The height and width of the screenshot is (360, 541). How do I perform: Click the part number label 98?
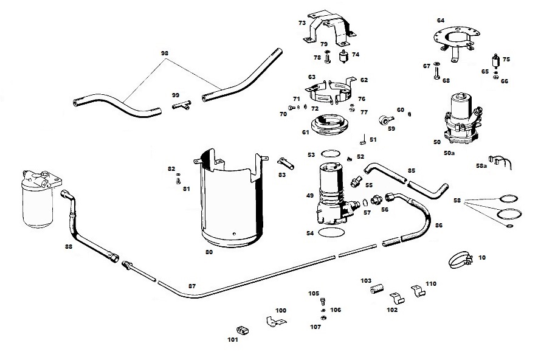click(x=165, y=53)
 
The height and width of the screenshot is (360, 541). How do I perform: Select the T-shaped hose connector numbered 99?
click(x=182, y=105)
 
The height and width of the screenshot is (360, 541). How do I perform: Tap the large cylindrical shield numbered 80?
click(x=230, y=198)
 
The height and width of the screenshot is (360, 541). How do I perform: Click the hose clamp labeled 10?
click(x=460, y=259)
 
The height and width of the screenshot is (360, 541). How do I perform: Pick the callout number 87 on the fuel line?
click(x=192, y=286)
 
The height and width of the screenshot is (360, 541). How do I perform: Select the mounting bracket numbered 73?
click(x=329, y=29)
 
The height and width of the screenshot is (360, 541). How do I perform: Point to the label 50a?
click(x=449, y=153)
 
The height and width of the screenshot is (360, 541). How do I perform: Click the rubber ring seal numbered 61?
click(x=329, y=125)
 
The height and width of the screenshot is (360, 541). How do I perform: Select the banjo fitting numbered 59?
click(x=386, y=120)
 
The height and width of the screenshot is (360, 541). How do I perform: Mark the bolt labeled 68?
click(x=436, y=73)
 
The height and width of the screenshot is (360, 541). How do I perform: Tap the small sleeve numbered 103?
click(x=377, y=289)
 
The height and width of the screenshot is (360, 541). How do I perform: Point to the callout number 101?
click(x=233, y=340)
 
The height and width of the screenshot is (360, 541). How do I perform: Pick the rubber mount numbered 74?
click(x=343, y=57)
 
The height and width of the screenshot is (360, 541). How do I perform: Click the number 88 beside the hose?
click(x=69, y=246)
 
